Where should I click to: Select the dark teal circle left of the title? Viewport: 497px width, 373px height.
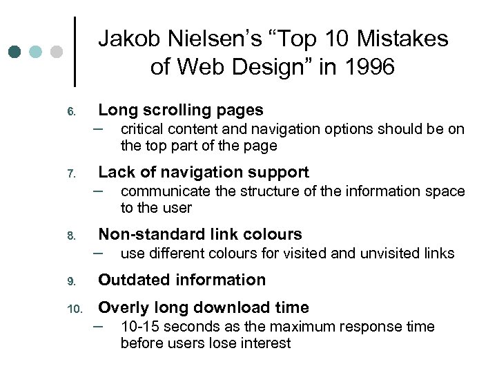tap(16, 52)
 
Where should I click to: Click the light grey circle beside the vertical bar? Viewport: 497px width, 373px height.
tap(57, 52)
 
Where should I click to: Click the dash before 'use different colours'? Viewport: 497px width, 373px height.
tap(104, 252)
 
